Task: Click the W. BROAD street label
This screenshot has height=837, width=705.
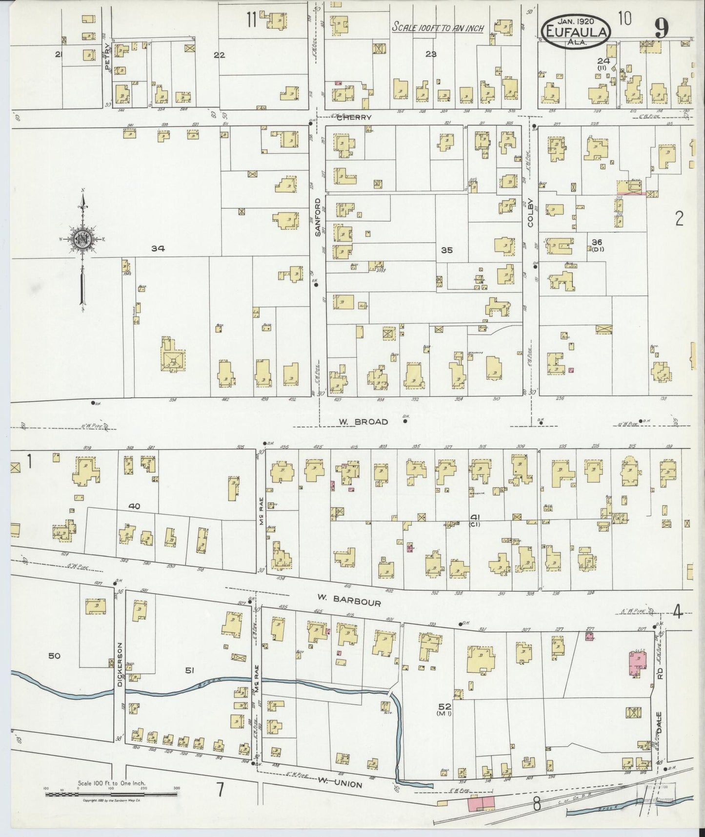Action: [364, 422]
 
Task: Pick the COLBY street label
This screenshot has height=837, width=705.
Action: [530, 215]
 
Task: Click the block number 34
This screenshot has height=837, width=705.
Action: [158, 249]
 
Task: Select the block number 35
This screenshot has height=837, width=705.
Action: [447, 250]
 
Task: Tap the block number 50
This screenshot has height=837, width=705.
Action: [54, 656]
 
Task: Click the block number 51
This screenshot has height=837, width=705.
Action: [189, 670]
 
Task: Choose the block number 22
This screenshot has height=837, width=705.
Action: [219, 55]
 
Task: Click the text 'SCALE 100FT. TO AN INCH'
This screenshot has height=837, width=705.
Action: [438, 28]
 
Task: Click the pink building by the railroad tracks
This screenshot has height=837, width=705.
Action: [481, 803]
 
